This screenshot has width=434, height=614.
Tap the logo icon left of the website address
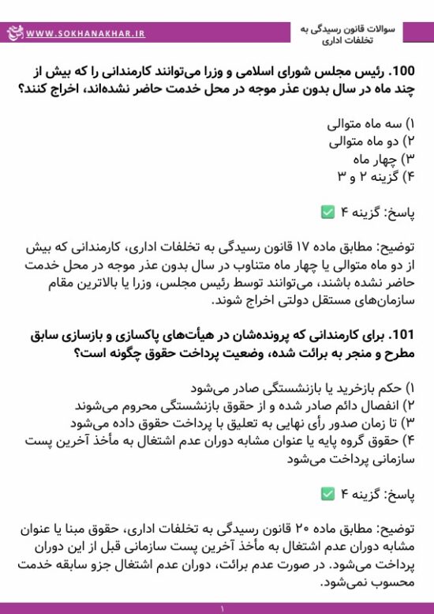coord(13,33)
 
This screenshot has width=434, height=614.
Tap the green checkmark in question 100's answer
coord(327,212)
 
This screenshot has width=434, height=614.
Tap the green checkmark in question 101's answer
coord(327,494)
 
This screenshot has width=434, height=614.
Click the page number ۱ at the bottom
coord(223,609)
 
